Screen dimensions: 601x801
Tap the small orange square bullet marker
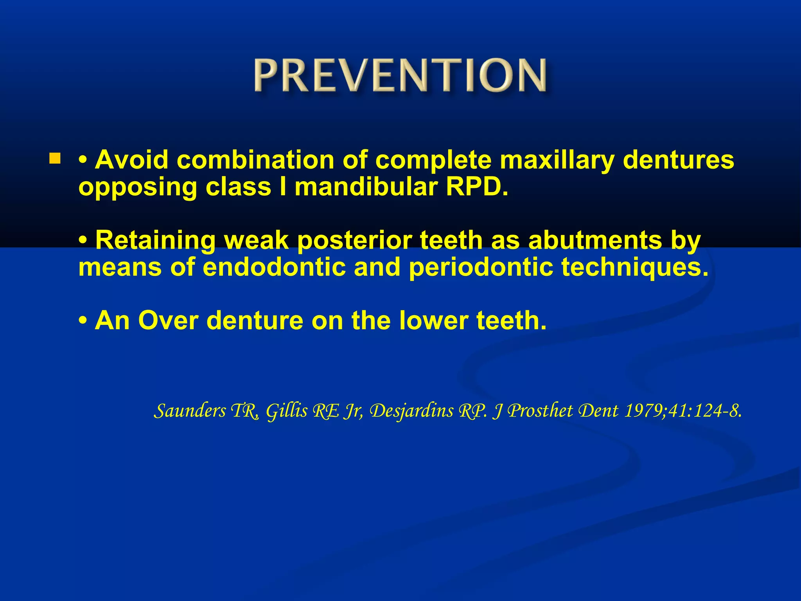[55, 158]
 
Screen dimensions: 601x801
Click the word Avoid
[131, 160]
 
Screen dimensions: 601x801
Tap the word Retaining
[155, 240]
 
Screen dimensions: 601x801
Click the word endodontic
[274, 267]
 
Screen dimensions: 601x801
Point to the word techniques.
[634, 267]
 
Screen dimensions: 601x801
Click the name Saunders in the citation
[190, 411]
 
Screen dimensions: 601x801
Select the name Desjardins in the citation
[411, 411]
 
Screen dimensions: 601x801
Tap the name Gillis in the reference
[287, 411]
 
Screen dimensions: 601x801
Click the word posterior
[354, 240]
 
